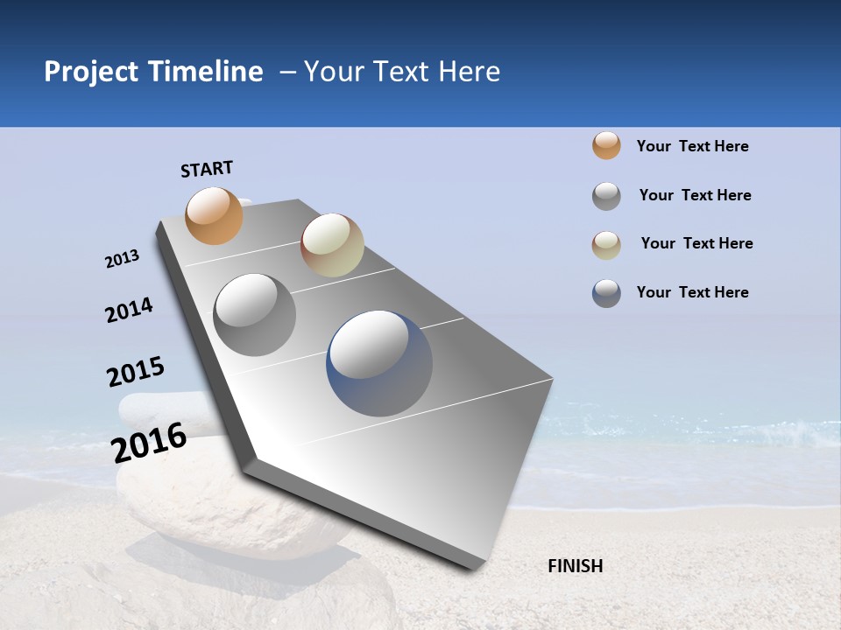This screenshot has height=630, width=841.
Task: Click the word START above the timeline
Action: pos(207,169)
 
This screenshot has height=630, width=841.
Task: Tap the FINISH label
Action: pos(575,566)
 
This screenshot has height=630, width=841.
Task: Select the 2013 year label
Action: pos(122,259)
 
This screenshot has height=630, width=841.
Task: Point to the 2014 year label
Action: pos(129,310)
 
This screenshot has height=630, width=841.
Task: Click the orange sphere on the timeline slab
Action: pos(215,215)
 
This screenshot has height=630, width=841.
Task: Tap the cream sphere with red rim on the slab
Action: pos(332,245)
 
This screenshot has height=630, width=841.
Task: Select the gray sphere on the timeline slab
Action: pos(255,314)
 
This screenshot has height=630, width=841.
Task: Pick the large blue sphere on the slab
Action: pos(379,363)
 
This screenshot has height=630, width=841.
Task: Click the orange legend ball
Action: pos(606,145)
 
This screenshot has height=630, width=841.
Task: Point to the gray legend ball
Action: pos(606,196)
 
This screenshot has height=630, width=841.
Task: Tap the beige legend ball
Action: pos(606,245)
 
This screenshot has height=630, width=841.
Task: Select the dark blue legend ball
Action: pos(606,293)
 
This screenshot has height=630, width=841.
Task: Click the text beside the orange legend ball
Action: pos(692,146)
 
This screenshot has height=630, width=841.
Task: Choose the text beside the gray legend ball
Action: pos(695,195)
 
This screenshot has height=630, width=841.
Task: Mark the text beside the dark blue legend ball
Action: pos(692,292)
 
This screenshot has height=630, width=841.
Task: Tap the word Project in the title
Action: pos(91,72)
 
